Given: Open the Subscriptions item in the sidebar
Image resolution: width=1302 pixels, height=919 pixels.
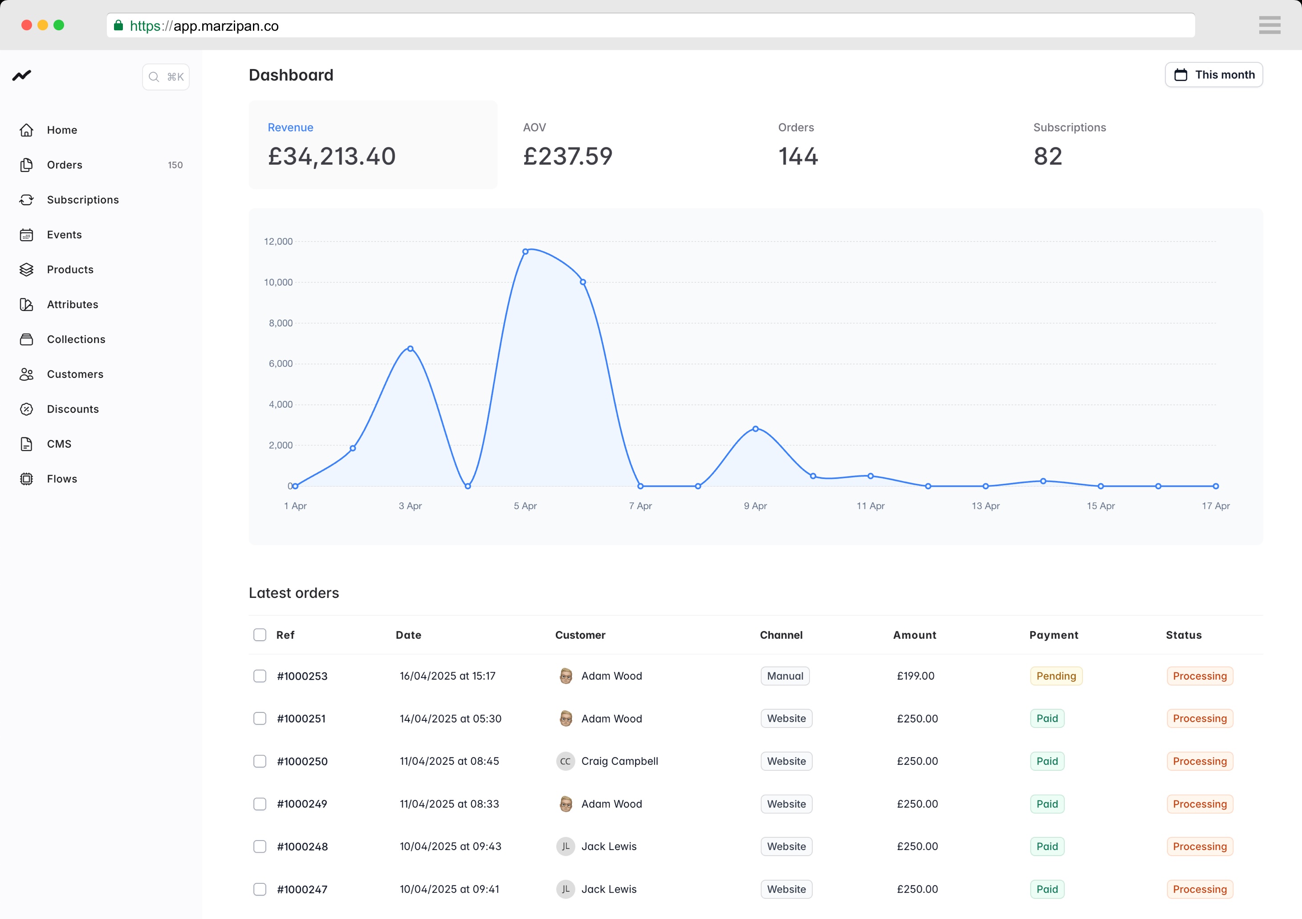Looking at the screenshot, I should point(83,200).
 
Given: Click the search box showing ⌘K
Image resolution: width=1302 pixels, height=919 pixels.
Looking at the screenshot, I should point(166,77).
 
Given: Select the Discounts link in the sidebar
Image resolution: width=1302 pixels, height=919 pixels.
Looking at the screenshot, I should point(73,409).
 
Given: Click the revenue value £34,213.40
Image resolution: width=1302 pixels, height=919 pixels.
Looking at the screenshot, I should point(332,156).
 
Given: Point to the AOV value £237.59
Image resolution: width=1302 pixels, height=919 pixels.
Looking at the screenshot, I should point(568,156).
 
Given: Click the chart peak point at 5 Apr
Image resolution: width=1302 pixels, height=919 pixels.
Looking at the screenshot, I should point(525,251).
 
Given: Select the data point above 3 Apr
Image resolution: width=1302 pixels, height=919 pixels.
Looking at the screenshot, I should point(410,349).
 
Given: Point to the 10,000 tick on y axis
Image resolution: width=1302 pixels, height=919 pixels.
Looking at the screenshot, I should point(278,282).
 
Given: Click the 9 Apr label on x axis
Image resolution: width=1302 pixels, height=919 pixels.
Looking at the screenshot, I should point(755,506).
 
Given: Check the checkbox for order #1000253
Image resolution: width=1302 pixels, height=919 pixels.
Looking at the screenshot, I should point(260,676).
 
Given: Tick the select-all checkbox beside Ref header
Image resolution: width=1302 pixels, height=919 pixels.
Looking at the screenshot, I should point(260,635).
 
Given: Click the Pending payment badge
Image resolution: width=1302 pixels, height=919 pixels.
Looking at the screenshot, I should point(1056,676).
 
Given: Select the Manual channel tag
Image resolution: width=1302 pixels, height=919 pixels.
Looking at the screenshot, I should point(785,676).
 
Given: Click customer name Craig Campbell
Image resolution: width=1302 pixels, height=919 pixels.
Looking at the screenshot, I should point(619,761).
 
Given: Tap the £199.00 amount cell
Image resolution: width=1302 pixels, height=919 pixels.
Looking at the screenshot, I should point(915,676).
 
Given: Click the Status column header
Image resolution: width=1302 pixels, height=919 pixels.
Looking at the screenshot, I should point(1184,635).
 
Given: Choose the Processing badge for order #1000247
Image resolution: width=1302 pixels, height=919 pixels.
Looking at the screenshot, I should point(1199,889).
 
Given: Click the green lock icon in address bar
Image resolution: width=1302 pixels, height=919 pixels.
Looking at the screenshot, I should point(118,25).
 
